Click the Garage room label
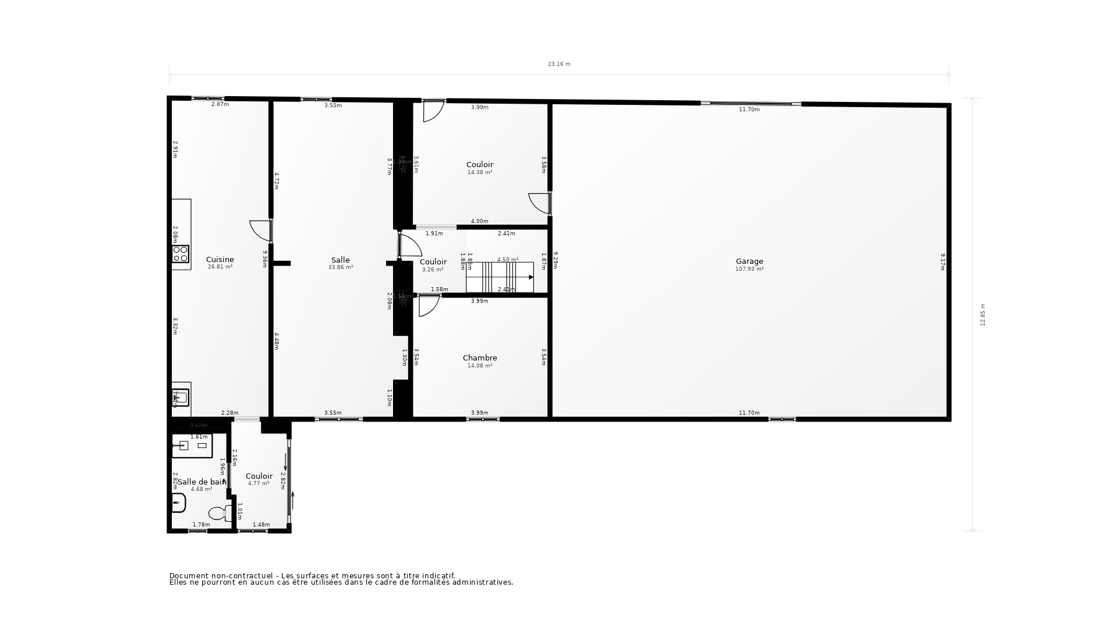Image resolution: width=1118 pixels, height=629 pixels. click(749, 262)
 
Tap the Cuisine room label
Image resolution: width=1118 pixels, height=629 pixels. click(220, 260)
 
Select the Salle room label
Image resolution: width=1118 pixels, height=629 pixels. click(341, 260)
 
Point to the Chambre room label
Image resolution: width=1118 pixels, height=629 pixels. click(480, 358)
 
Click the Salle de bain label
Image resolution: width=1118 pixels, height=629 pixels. click(201, 482)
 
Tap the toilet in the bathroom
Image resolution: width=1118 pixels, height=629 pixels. click(219, 513)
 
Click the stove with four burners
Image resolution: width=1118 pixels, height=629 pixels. click(181, 253)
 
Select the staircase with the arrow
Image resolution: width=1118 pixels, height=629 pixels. click(500, 277)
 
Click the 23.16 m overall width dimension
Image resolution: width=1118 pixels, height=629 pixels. click(558, 64)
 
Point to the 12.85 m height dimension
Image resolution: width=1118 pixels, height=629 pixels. click(983, 314)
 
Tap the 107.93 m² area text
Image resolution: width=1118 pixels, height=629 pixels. click(749, 269)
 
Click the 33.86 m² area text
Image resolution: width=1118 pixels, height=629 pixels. click(341, 267)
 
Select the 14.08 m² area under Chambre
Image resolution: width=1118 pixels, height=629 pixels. click(480, 366)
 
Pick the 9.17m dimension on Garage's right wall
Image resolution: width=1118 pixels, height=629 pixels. click(942, 262)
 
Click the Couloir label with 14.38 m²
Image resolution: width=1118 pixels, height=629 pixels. click(480, 165)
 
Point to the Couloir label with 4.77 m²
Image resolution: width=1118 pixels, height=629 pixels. click(259, 476)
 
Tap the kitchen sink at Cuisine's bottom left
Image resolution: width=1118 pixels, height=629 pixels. click(181, 398)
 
